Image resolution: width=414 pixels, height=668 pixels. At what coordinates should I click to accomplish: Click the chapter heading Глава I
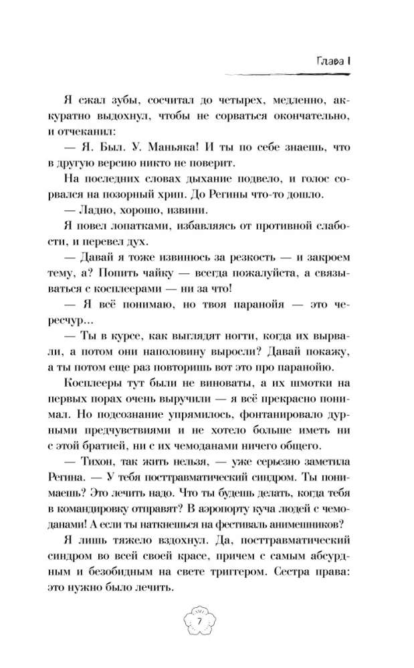tap(334, 61)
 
